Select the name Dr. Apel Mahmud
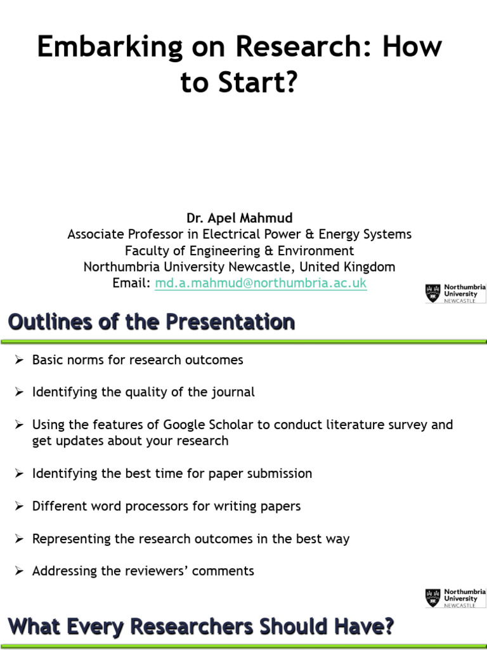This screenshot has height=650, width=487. (x=239, y=218)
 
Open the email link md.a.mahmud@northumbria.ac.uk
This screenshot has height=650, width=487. (x=261, y=283)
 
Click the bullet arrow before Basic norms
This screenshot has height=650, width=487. (x=20, y=360)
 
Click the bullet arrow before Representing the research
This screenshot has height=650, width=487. (x=20, y=539)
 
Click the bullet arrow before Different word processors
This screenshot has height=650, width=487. (x=20, y=506)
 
